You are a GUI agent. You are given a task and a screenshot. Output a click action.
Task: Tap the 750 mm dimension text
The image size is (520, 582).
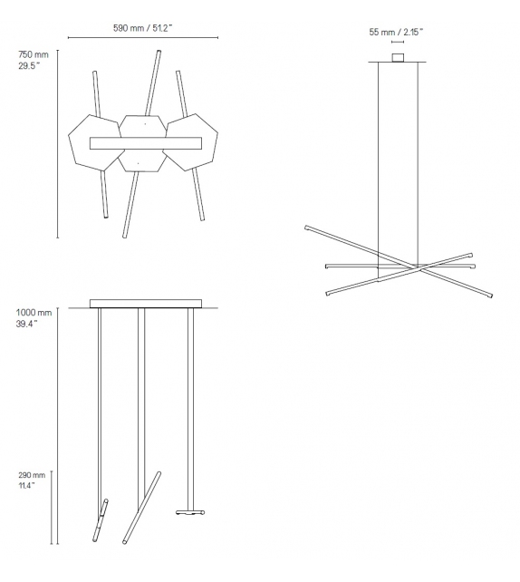pyautogui.click(x=34, y=55)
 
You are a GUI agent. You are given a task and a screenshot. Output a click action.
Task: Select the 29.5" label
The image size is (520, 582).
pyautogui.click(x=30, y=66)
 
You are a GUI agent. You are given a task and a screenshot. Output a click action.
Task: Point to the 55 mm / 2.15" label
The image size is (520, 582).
pyautogui.click(x=396, y=32)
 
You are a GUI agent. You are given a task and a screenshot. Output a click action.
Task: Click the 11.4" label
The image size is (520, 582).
pyautogui.click(x=27, y=486)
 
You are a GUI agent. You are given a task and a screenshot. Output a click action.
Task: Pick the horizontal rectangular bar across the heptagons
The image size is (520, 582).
pyautogui.click(x=145, y=142)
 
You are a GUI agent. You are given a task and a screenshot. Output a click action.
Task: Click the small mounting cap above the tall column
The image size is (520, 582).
pyautogui.click(x=397, y=57)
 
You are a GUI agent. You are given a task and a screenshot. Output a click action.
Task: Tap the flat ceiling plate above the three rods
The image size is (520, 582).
pyautogui.click(x=145, y=303)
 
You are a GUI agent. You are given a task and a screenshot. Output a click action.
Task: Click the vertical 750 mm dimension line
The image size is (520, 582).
pyautogui.click(x=58, y=145)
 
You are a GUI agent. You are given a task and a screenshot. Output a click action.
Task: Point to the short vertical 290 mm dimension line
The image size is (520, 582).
pyautogui.click(x=53, y=508)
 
